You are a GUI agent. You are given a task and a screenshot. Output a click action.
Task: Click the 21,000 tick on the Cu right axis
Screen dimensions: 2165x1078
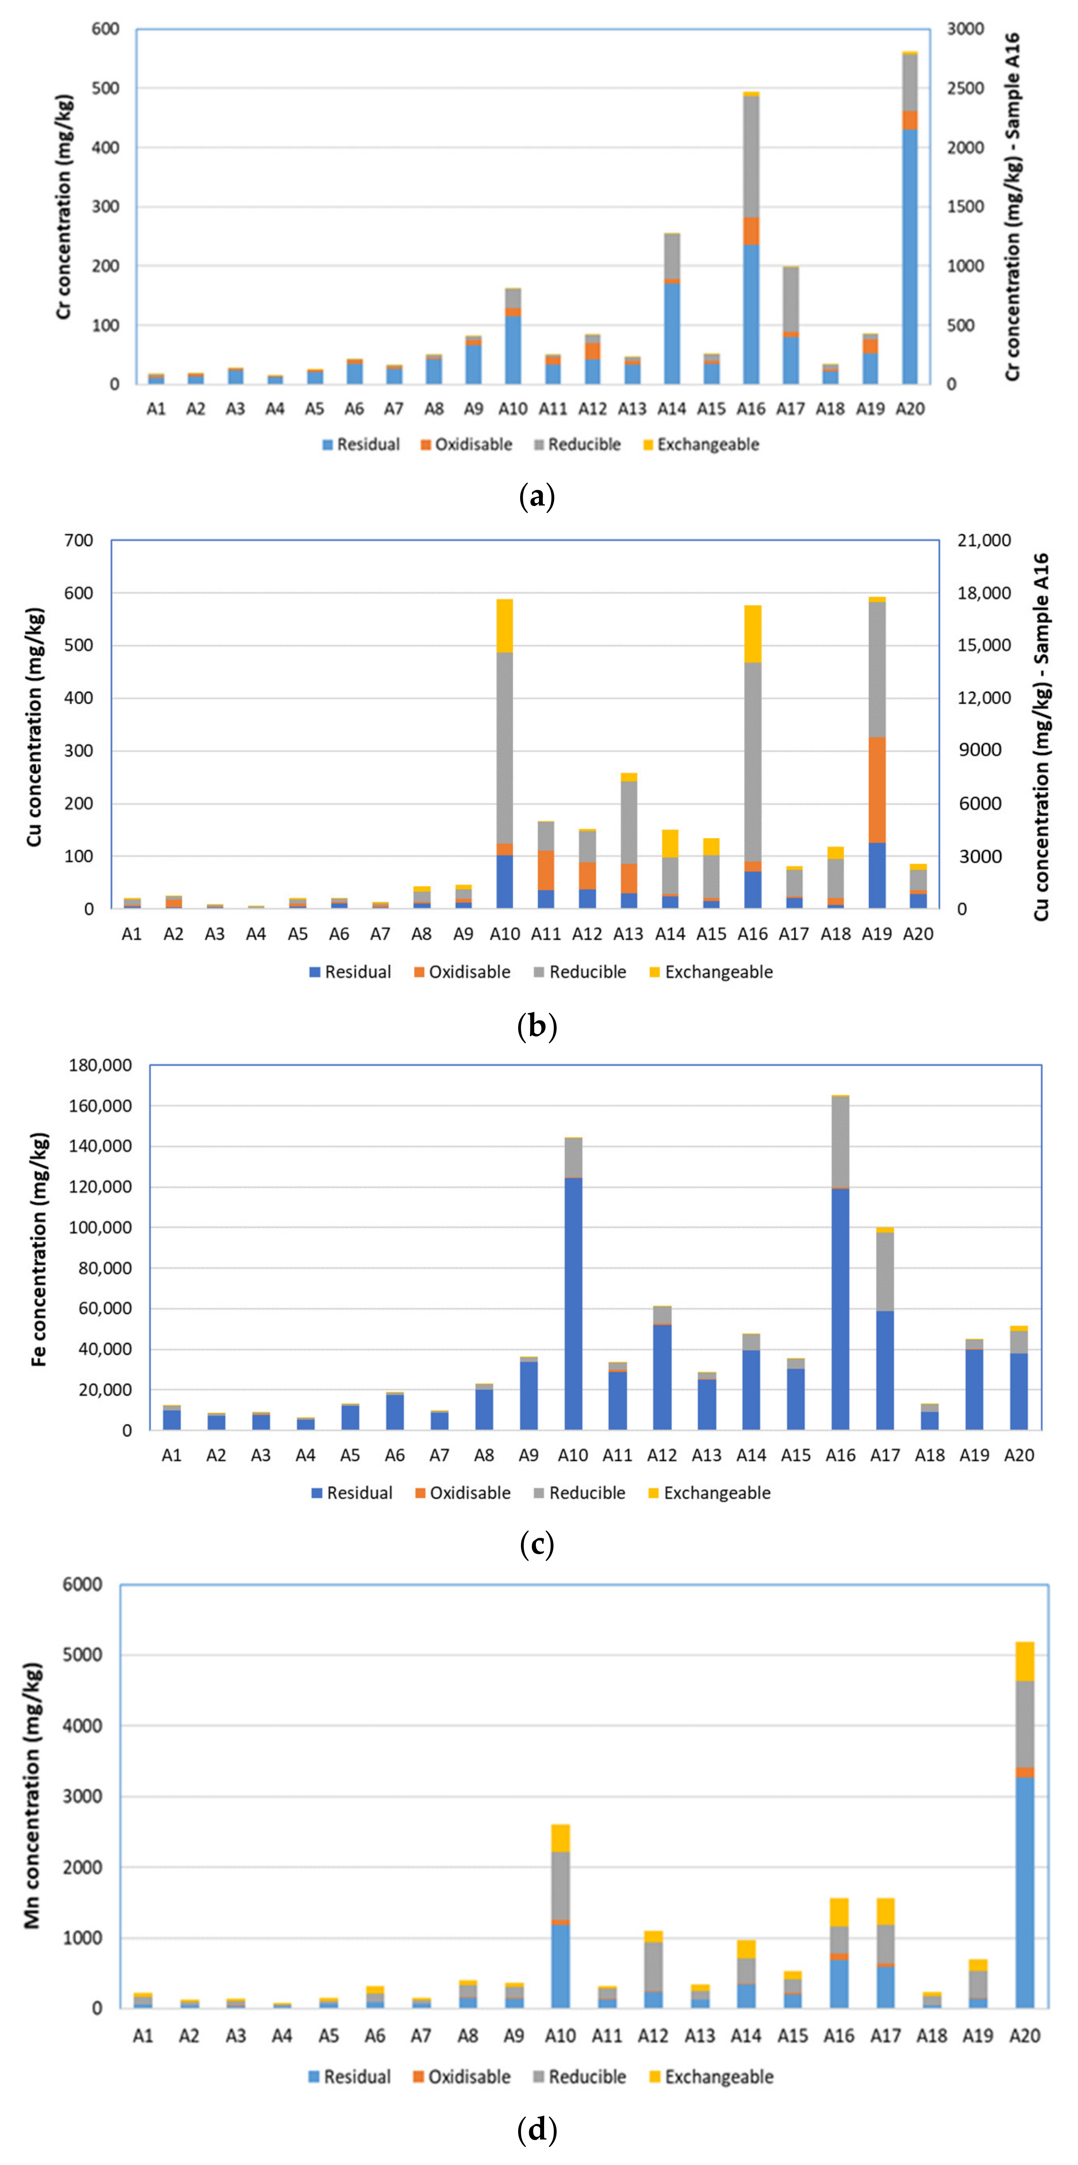click(x=984, y=540)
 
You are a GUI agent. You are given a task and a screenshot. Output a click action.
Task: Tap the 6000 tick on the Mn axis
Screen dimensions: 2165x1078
click(x=82, y=1584)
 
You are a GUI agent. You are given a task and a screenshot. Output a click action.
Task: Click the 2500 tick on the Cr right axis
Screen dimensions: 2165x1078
click(x=965, y=88)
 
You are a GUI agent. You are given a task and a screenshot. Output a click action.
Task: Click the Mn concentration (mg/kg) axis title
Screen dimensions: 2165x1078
click(x=32, y=1794)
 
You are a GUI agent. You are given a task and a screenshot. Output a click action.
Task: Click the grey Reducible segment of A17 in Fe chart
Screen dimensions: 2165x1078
click(x=885, y=1271)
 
